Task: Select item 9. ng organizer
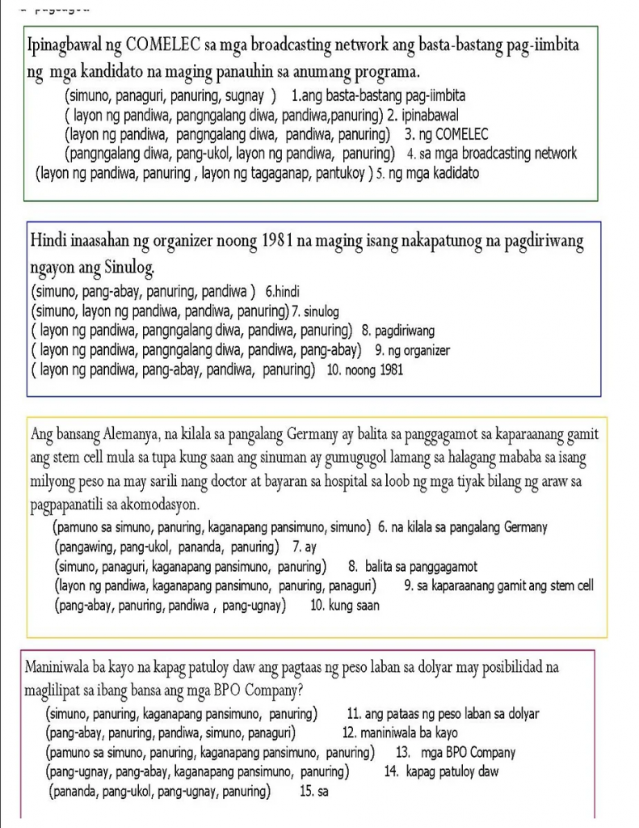pos(412,350)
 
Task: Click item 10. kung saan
pos(344,605)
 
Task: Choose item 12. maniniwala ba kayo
pos(401,733)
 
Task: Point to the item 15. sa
pos(313,792)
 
